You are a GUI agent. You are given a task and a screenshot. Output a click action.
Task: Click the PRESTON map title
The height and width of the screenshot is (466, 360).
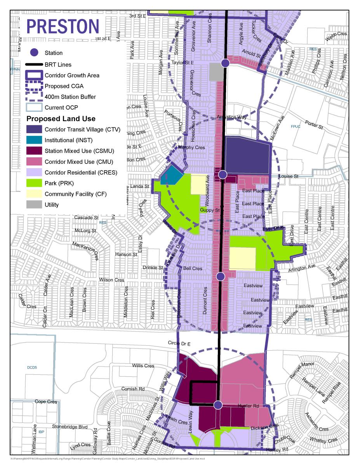point(63,26)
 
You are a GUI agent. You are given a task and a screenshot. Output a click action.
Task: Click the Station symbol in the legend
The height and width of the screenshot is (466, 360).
point(35,53)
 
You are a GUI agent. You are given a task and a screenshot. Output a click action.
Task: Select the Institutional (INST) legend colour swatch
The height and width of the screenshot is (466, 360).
point(34,140)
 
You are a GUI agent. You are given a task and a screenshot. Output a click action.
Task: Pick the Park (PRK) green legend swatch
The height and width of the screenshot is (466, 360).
point(34,183)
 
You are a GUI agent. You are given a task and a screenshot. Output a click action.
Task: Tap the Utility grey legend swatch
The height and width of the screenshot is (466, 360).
point(34,205)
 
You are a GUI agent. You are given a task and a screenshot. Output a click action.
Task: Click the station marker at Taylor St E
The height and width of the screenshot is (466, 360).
point(225,63)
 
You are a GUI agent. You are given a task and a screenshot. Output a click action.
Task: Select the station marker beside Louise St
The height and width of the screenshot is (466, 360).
point(222,174)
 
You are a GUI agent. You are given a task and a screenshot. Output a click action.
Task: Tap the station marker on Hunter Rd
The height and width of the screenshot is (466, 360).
point(218,405)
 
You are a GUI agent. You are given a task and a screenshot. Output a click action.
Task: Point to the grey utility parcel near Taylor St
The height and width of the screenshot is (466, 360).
point(216,72)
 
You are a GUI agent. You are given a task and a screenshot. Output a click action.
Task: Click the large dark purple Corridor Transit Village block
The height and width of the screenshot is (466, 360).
point(247,155)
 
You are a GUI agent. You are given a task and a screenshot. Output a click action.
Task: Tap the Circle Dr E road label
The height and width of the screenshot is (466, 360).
point(179,343)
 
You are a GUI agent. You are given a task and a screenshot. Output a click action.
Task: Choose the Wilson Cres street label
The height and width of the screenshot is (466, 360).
point(112,280)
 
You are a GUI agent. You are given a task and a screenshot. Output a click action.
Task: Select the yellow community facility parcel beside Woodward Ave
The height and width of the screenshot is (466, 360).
point(198,184)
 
